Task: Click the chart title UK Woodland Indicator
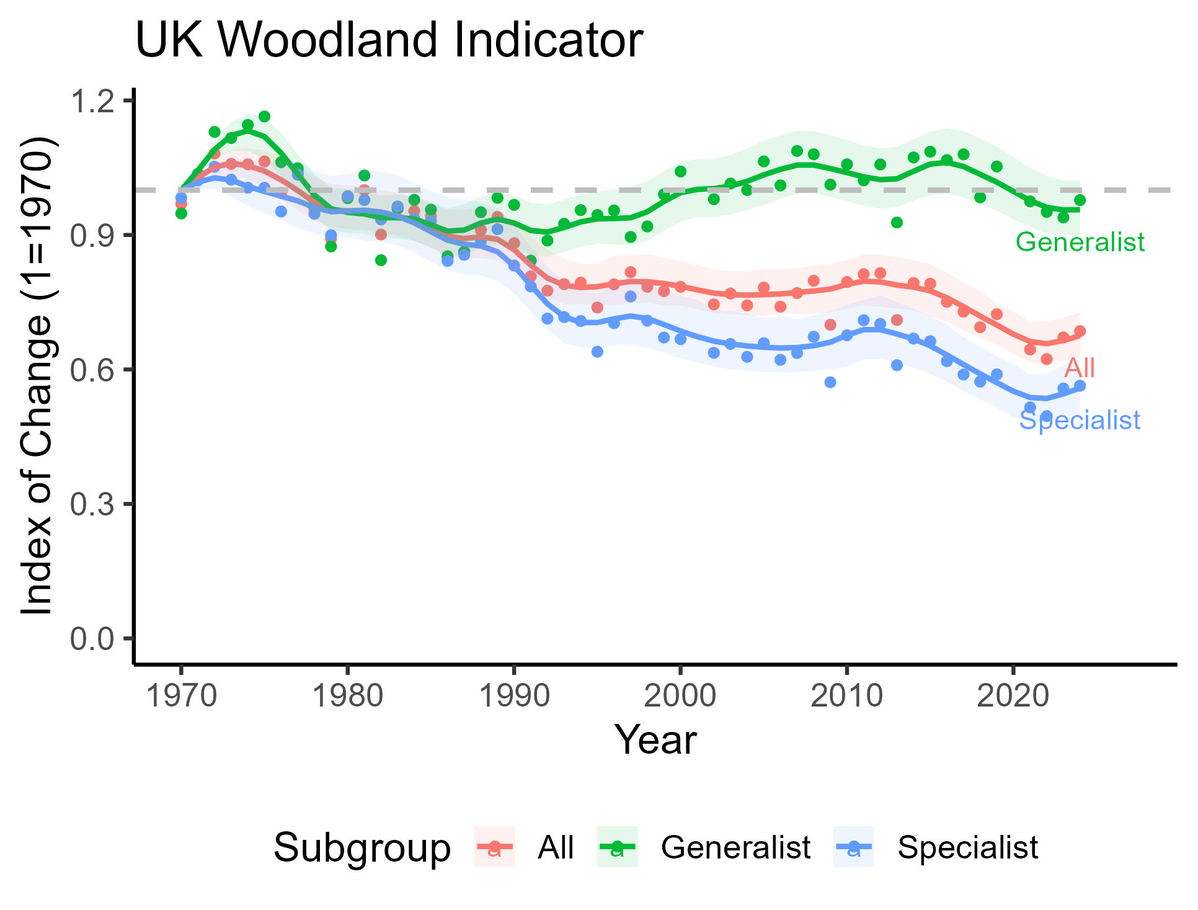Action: point(389,40)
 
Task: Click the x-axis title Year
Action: point(655,740)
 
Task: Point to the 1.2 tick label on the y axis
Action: point(92,101)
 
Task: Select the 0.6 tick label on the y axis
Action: point(92,370)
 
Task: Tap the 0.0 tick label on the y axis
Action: point(92,639)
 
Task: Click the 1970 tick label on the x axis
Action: point(181,695)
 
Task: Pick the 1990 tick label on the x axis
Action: point(514,695)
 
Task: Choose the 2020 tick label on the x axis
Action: point(1013,695)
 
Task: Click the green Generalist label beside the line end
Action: point(1080,242)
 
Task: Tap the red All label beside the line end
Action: point(1080,368)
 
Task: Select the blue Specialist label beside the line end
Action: point(1080,421)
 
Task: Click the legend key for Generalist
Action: point(617,847)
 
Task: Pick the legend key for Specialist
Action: point(854,847)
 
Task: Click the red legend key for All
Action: point(494,847)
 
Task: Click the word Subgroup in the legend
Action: point(362,847)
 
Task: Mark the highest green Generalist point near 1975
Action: point(264,117)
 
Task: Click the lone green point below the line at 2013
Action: point(897,223)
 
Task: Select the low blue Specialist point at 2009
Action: point(830,382)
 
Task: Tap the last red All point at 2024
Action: point(1080,331)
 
